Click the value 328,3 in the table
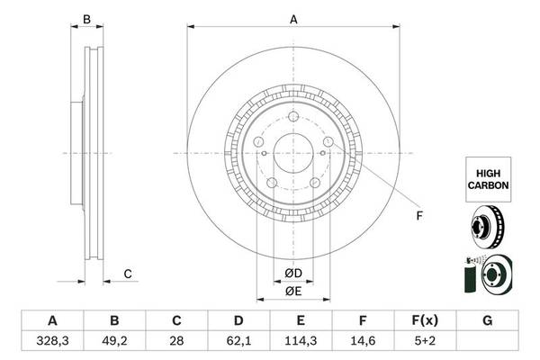click(52, 341)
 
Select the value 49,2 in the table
click(114, 341)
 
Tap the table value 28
click(176, 341)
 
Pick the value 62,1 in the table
click(238, 341)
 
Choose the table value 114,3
click(301, 341)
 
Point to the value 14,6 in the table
click(363, 341)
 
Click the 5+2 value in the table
click(425, 341)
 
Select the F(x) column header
click(425, 320)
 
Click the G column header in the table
click(487, 320)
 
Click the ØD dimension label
click(292, 273)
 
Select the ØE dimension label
click(292, 291)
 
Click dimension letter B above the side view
click(87, 20)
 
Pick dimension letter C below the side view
click(128, 274)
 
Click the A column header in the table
click(52, 320)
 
